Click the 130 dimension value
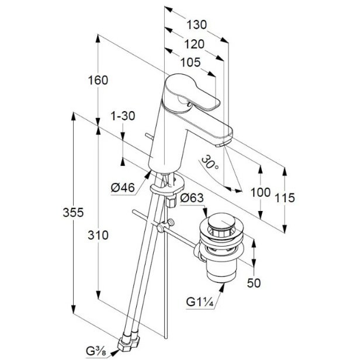pyautogui.click(x=196, y=25)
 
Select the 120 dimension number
pyautogui.click(x=194, y=44)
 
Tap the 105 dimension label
pyautogui.click(x=191, y=62)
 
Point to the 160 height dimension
pyautogui.click(x=98, y=80)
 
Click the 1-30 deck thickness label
pyautogui.click(x=123, y=116)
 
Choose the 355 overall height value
pyautogui.click(x=73, y=212)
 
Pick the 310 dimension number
pyautogui.click(x=98, y=236)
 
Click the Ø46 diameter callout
pyautogui.click(x=123, y=188)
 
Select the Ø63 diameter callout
pyautogui.click(x=192, y=198)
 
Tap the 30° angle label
pyautogui.click(x=210, y=162)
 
